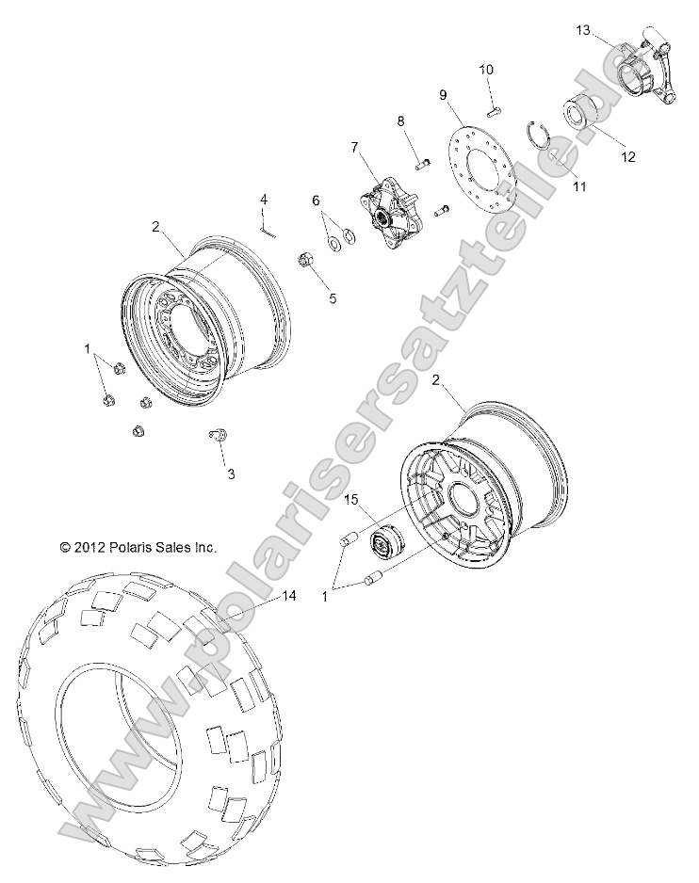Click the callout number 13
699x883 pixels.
584,31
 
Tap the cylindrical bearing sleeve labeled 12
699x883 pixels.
582,114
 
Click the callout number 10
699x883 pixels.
486,70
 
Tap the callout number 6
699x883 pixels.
317,200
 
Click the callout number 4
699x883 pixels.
264,199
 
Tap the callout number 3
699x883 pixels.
231,474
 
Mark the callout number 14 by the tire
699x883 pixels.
288,597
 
